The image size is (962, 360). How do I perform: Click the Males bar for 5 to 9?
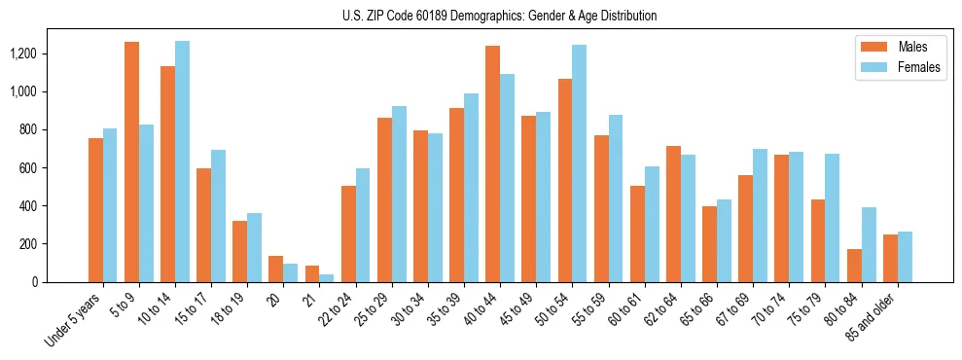coord(131,162)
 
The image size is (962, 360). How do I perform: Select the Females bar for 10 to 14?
coord(182,162)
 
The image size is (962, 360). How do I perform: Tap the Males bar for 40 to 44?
coord(492,163)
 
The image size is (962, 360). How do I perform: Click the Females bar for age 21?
coord(326,278)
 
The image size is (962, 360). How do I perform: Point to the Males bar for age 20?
coord(275,270)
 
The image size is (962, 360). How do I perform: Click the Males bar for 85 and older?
coord(889,259)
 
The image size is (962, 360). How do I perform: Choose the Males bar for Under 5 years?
coord(95,210)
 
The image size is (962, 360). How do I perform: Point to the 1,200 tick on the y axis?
coord(45,54)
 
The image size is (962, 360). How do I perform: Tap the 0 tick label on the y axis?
coord(60,282)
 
